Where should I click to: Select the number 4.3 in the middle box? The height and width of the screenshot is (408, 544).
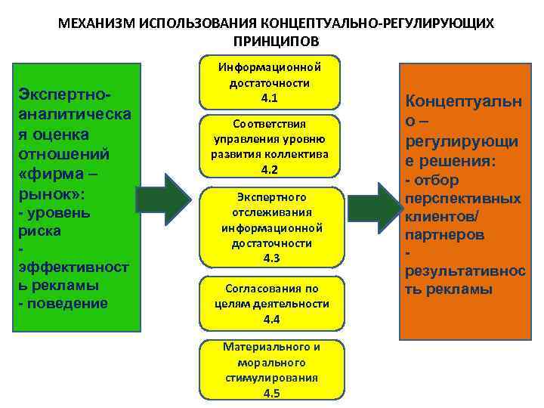click(272, 258)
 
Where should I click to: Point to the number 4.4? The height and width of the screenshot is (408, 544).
click(272, 318)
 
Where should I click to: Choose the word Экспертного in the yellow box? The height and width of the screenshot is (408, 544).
click(272, 197)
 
